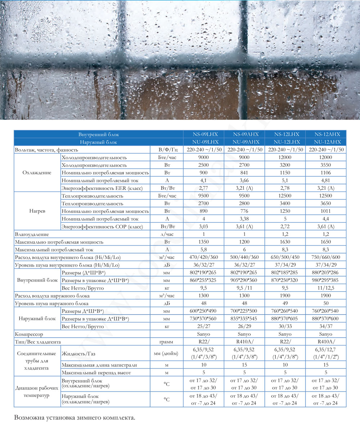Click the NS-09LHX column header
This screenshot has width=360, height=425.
point(203,135)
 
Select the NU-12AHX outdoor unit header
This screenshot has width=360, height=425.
point(325,142)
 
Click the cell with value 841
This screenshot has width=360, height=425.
point(244,173)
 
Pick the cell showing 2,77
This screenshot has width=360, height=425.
point(203,188)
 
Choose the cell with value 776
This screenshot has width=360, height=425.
point(244,211)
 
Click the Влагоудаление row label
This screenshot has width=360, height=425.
point(32,234)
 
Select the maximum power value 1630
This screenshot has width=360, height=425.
point(285,242)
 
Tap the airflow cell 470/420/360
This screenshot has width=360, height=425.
point(203,258)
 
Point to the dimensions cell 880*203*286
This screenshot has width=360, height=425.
point(325,273)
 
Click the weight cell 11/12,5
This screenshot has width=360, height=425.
point(325,288)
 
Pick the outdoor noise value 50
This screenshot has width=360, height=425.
point(325,303)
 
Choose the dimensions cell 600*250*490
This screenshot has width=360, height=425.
point(203,311)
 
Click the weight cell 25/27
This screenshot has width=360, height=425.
point(203,326)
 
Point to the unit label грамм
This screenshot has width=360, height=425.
point(166,342)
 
